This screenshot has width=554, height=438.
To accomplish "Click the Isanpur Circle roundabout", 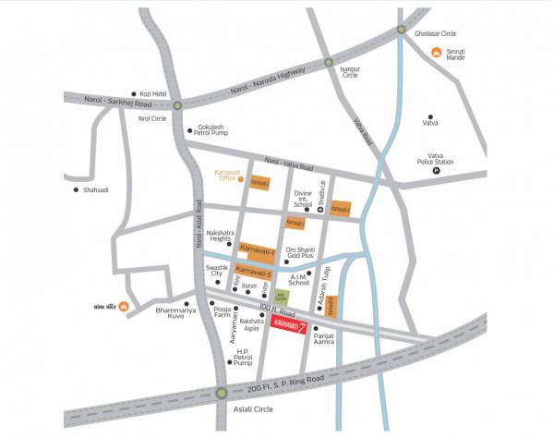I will click(x=328, y=64).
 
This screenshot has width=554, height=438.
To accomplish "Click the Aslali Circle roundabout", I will click(x=222, y=394).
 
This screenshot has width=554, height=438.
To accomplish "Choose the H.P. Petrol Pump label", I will click(x=243, y=359).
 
